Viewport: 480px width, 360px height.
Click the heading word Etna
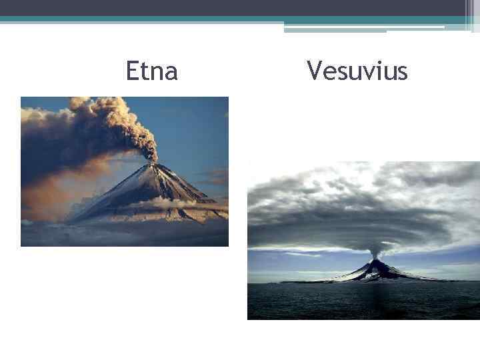pos(152,71)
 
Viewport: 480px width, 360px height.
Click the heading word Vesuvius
pos(357,71)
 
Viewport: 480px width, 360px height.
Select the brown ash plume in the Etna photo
pos(113,123)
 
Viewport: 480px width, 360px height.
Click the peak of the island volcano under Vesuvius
pos(377,261)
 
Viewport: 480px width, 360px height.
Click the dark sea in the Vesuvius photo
pos(360,303)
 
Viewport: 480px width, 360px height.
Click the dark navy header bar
pos(233,7)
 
